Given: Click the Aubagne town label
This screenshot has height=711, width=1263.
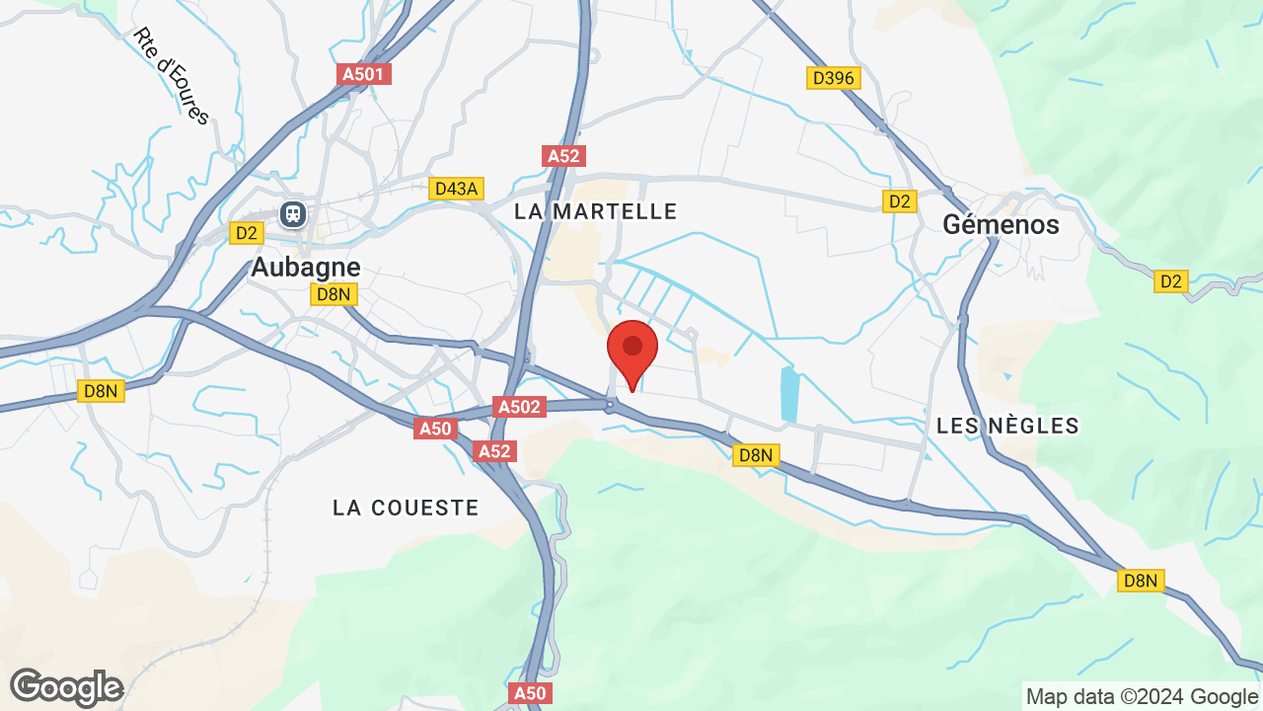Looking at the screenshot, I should (305, 267).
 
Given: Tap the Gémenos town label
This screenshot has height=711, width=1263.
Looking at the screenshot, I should (1001, 224).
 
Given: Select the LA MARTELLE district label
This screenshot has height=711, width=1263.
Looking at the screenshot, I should (596, 211).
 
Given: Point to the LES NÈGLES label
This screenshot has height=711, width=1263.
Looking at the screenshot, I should (1007, 426).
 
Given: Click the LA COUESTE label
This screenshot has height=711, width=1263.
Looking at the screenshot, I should (406, 508).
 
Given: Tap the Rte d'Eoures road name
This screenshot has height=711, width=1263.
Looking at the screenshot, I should (172, 76).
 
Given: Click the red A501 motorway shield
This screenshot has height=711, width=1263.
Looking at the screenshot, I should (364, 74).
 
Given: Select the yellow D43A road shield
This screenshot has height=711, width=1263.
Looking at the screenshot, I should (457, 189).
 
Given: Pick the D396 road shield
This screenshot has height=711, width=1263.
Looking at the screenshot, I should (834, 78).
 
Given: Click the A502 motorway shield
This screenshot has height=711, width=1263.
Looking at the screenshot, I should (519, 407).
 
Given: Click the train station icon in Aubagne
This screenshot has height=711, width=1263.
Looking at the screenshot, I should (293, 213).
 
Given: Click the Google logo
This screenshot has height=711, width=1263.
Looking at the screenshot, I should (66, 687).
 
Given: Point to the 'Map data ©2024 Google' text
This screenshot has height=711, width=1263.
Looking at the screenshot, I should (1142, 696).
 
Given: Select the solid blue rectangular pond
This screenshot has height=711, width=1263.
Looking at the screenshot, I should (789, 395).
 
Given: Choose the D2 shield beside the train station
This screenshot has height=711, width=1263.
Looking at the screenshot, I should (246, 233).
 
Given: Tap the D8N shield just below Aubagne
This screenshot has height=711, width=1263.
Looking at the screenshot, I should (333, 294).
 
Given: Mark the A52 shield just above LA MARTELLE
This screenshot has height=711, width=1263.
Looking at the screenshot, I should (564, 156).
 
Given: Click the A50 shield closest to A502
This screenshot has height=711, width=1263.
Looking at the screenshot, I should (435, 429).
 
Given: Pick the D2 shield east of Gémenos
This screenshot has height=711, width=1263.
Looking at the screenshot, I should (1170, 281).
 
